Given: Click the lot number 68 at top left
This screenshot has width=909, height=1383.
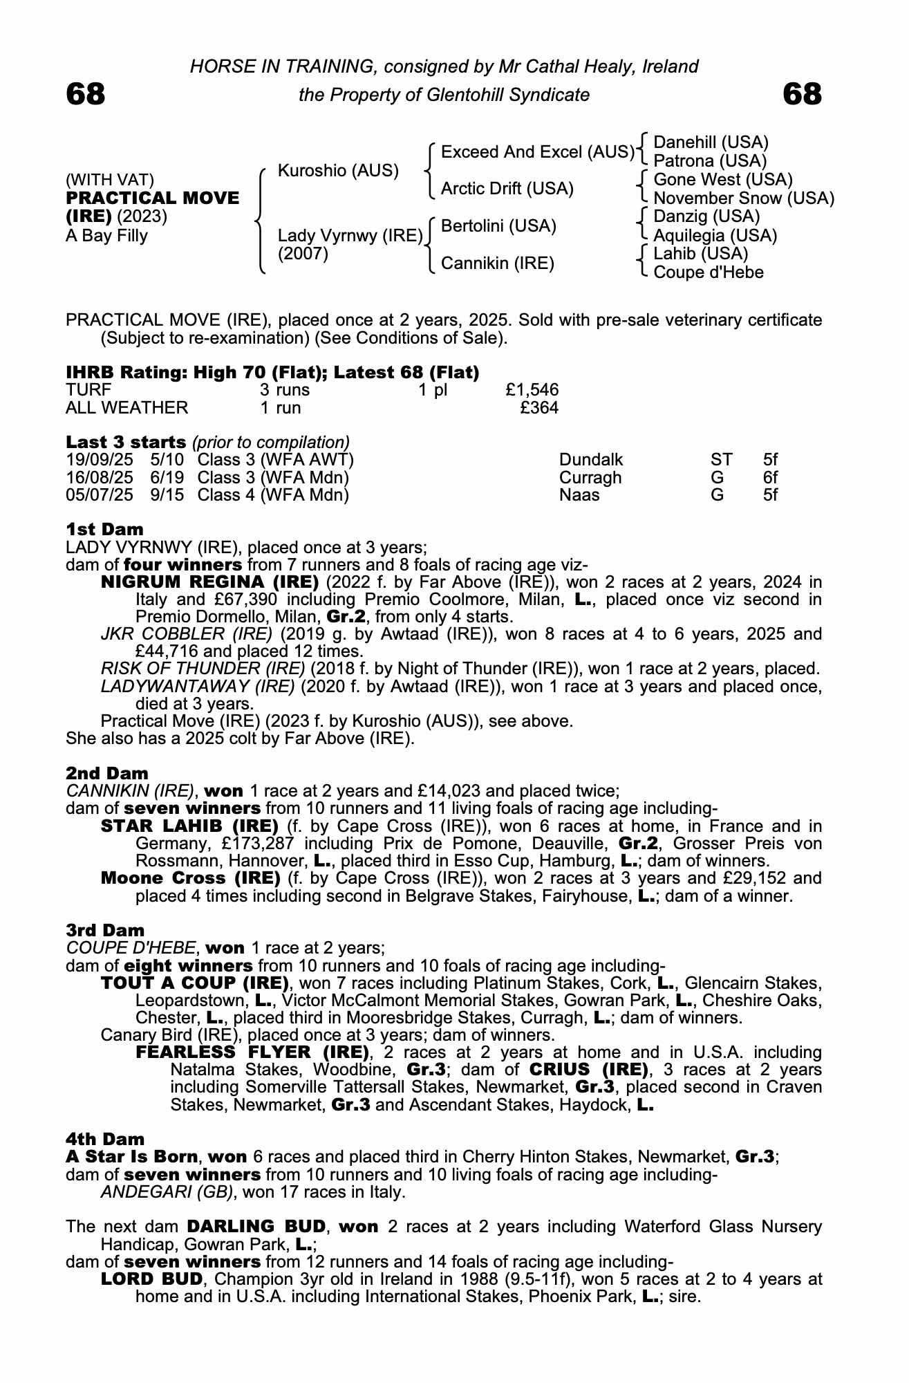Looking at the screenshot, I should (x=86, y=95).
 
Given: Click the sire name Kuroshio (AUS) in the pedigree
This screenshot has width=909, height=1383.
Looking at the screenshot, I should (x=338, y=171).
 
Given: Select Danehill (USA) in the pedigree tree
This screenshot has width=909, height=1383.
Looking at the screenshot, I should (x=711, y=142).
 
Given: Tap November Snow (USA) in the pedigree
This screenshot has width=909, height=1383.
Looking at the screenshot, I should (x=743, y=198).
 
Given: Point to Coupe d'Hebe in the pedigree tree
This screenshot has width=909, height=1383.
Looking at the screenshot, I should (x=708, y=272).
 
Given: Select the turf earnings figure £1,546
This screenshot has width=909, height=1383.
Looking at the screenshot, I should (x=532, y=390).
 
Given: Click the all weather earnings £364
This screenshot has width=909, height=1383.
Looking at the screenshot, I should (x=539, y=408).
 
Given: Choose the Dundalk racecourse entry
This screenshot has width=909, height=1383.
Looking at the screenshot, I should (x=591, y=460).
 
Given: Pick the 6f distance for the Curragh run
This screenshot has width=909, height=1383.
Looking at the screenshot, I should (x=770, y=478).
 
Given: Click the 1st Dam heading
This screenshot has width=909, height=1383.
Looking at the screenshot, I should (x=104, y=530).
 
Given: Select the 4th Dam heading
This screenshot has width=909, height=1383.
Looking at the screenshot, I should (x=105, y=1139).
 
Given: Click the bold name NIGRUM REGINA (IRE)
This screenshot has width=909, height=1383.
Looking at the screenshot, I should (x=209, y=582).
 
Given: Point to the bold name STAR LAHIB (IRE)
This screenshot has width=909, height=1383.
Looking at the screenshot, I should (x=189, y=826).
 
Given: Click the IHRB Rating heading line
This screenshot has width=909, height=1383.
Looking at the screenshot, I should (x=272, y=373).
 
